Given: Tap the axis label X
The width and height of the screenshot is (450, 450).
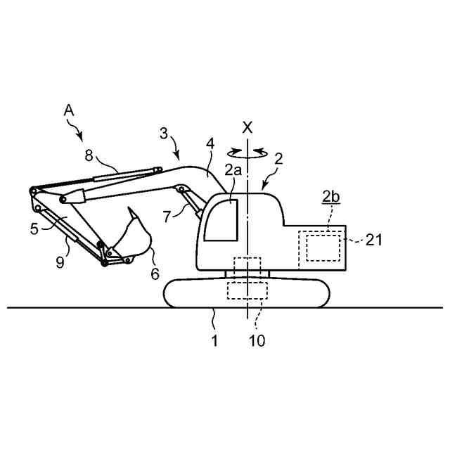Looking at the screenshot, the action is point(247,127).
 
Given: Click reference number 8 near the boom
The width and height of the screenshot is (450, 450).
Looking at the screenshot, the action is point(89,156).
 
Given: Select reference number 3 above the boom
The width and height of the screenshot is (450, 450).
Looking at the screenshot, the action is point(163,133).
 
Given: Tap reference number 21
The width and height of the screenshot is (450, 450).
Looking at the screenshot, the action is point(374,240).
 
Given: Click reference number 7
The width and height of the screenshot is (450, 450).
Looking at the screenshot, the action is point(166,217).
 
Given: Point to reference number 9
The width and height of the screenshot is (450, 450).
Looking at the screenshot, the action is point(60,263).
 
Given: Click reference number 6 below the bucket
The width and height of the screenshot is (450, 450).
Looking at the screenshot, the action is point(155,274).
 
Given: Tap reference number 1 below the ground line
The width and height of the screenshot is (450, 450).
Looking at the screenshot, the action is point(214,341).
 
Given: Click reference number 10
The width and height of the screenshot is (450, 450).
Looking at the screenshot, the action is point(259,341).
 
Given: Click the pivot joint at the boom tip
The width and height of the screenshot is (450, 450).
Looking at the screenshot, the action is point(33,191).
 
